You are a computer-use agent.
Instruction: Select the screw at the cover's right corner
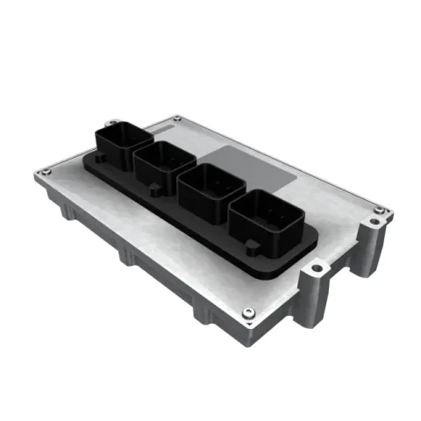click(x=376, y=209)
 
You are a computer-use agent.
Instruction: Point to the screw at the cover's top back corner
click(x=180, y=116)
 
